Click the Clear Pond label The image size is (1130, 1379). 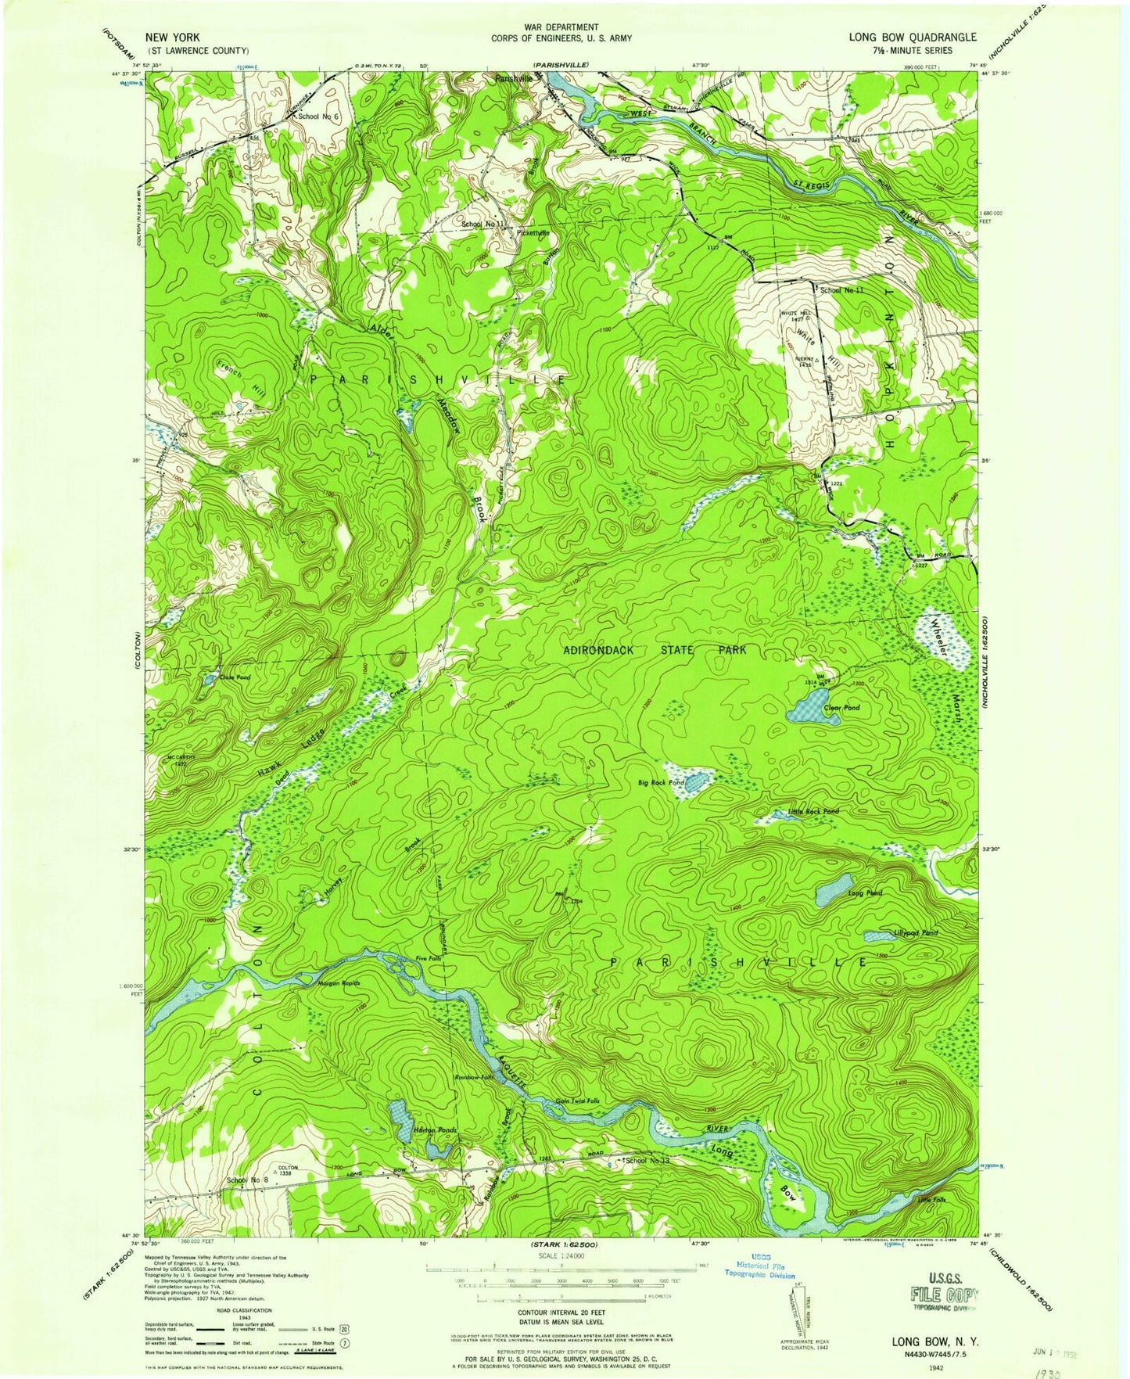click(841, 707)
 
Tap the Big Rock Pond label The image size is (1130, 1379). click(661, 781)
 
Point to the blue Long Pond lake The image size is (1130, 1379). click(834, 889)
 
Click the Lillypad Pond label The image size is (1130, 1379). click(916, 933)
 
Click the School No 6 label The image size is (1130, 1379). click(317, 117)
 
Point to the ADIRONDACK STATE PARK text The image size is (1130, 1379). click(655, 650)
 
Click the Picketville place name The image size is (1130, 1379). click(533, 232)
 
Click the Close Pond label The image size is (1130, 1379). click(235, 677)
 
